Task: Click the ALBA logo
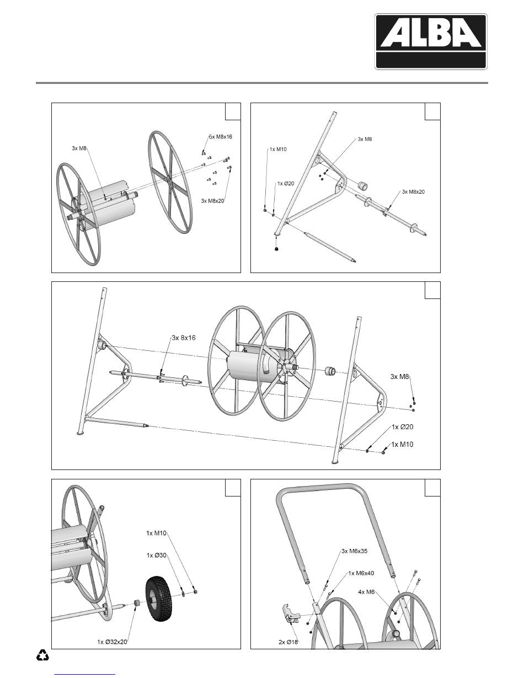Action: [430, 41]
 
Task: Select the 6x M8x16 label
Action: [221, 137]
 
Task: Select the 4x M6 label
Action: [366, 592]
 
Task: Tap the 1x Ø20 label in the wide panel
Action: [402, 427]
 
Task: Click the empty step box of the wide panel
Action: [432, 290]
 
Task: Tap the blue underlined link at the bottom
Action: [86, 673]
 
